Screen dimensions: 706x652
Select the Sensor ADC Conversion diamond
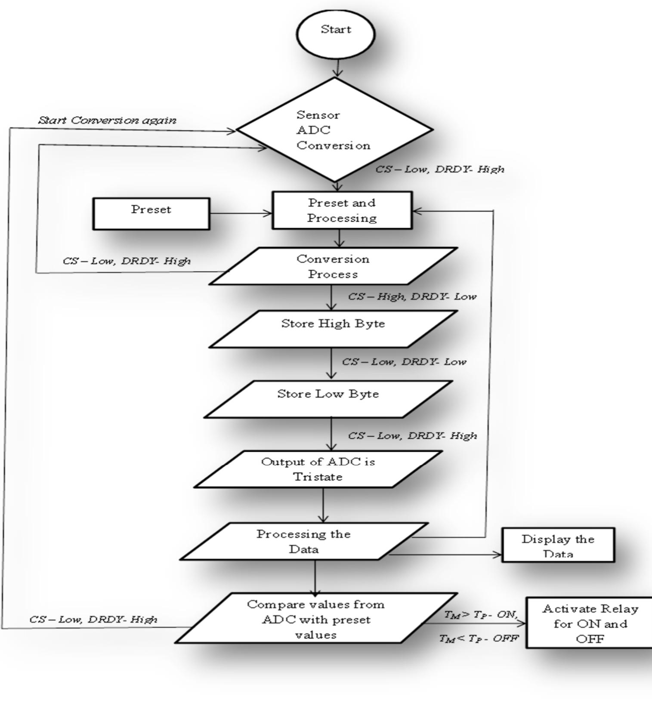(335, 129)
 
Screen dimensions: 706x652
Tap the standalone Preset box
(151, 213)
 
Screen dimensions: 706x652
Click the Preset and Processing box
(342, 210)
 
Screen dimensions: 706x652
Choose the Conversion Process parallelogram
(333, 266)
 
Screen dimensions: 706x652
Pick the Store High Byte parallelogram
(333, 329)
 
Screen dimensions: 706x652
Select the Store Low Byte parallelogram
(328, 399)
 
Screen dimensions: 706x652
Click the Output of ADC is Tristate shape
(318, 469)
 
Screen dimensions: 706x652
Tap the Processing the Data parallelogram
(304, 541)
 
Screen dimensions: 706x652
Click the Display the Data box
(558, 545)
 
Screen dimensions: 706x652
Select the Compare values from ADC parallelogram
(315, 619)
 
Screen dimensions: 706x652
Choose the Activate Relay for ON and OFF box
(590, 623)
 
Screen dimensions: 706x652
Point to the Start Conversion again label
(107, 120)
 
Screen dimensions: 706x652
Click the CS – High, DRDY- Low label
(412, 296)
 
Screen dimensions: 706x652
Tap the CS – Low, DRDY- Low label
(404, 362)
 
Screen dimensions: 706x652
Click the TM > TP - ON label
(481, 615)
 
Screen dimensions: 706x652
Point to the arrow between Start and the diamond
(338, 68)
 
